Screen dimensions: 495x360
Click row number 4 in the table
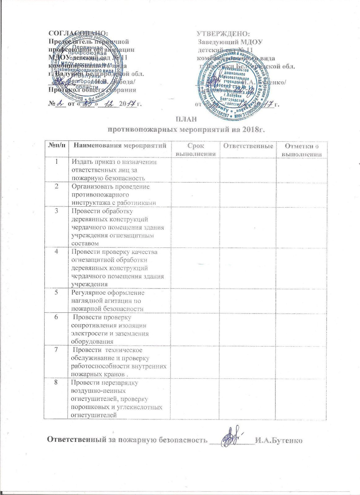[x=57, y=252]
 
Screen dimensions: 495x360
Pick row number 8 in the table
[x=56, y=382]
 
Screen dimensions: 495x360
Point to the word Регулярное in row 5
[x=89, y=292]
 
